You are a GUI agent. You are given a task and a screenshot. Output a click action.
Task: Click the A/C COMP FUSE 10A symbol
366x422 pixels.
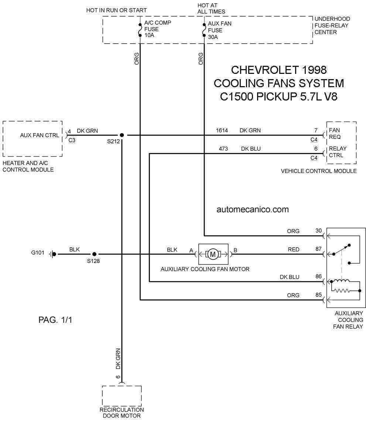click(x=140, y=30)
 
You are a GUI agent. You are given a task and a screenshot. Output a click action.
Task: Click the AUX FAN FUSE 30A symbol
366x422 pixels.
click(x=204, y=30)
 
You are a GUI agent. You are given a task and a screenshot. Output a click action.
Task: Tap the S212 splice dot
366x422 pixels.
click(x=122, y=135)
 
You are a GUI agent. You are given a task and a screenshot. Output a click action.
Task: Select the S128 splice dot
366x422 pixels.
click(x=95, y=254)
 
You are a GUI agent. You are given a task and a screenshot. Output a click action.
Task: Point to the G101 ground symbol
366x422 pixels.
click(x=53, y=254)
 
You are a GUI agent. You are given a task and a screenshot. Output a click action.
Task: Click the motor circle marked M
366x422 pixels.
click(x=213, y=254)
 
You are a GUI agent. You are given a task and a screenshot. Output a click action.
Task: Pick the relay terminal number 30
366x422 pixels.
click(x=319, y=231)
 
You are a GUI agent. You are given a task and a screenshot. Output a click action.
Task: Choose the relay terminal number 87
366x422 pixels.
click(x=319, y=249)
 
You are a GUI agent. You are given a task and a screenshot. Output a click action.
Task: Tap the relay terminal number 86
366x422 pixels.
click(x=319, y=276)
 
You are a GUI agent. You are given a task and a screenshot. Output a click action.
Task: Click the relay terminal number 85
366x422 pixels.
click(x=319, y=295)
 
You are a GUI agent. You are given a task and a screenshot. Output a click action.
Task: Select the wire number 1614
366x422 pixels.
click(x=222, y=130)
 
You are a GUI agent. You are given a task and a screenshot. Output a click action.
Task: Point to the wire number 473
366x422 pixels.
click(x=223, y=149)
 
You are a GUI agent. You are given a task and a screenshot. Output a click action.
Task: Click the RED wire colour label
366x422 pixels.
click(x=294, y=249)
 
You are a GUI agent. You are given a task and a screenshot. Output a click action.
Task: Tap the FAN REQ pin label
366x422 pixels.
click(x=335, y=133)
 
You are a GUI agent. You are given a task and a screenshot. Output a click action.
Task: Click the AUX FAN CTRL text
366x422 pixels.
click(x=40, y=135)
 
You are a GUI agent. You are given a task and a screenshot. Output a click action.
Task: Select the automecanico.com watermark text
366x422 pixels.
click(x=253, y=210)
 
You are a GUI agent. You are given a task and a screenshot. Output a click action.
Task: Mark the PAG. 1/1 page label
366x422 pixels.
click(x=55, y=320)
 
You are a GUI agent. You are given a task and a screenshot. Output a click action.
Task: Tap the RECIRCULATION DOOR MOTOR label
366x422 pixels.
click(x=122, y=413)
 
